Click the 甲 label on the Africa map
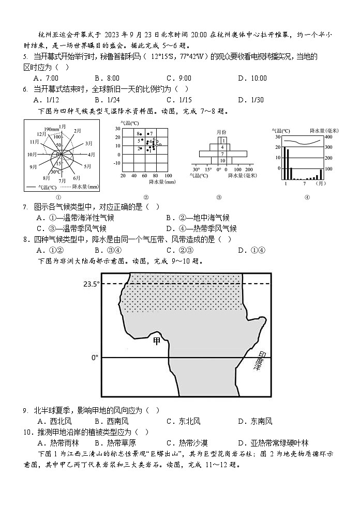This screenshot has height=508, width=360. tap(157, 341)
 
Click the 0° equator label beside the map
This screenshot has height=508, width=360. tap(94, 357)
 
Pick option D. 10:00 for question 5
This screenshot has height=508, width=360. tap(252, 78)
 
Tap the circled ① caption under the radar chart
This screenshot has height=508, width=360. tap(58, 197)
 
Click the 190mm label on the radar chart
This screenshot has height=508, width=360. tap(50, 129)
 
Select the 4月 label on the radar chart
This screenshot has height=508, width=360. tap(92, 154)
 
